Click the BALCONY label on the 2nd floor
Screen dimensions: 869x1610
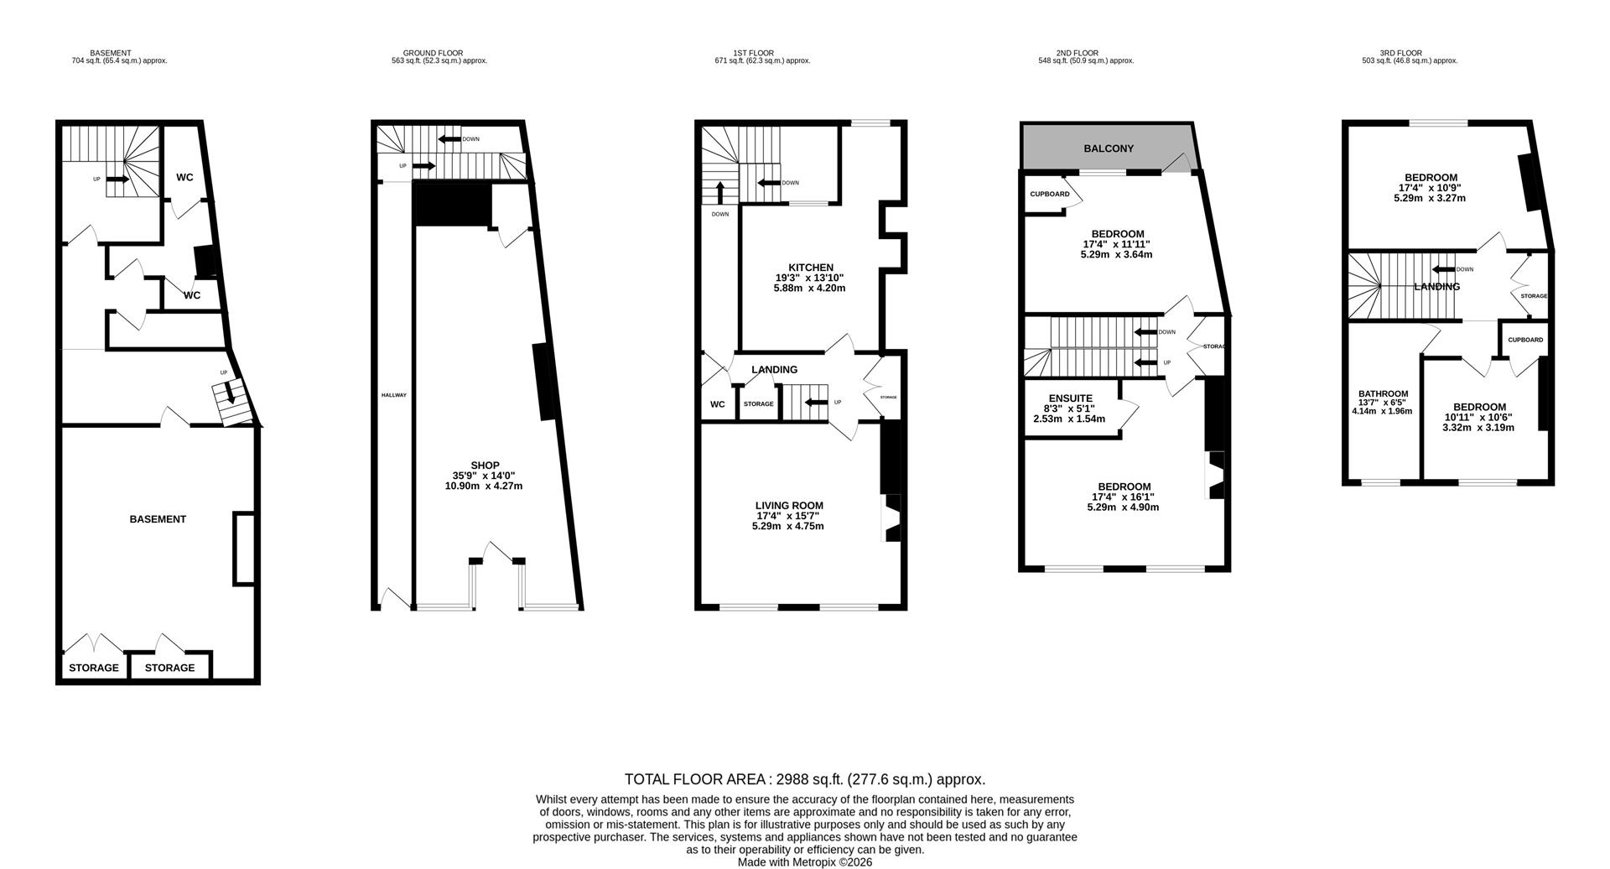point(1108,148)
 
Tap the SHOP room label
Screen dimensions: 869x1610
point(485,466)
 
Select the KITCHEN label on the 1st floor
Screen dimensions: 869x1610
point(810,268)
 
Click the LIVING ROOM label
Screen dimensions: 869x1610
point(788,506)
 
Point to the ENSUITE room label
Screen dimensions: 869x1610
point(1070,398)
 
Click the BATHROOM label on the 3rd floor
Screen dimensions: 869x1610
point(1383,394)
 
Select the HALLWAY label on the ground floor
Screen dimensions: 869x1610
point(393,395)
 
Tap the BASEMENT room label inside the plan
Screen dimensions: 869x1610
point(158,519)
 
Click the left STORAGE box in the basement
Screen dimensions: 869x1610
point(93,669)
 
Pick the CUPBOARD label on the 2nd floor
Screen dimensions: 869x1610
point(1049,195)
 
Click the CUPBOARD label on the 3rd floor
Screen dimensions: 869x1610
point(1524,341)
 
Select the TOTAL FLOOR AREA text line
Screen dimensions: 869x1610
point(804,779)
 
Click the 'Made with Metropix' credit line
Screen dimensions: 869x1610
point(804,862)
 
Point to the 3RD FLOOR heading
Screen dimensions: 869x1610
point(1401,53)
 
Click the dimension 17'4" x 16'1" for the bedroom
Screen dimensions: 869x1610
point(1124,497)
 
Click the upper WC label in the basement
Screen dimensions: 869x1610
point(184,178)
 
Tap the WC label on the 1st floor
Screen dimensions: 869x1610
point(717,404)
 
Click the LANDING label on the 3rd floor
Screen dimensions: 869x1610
point(1436,287)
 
